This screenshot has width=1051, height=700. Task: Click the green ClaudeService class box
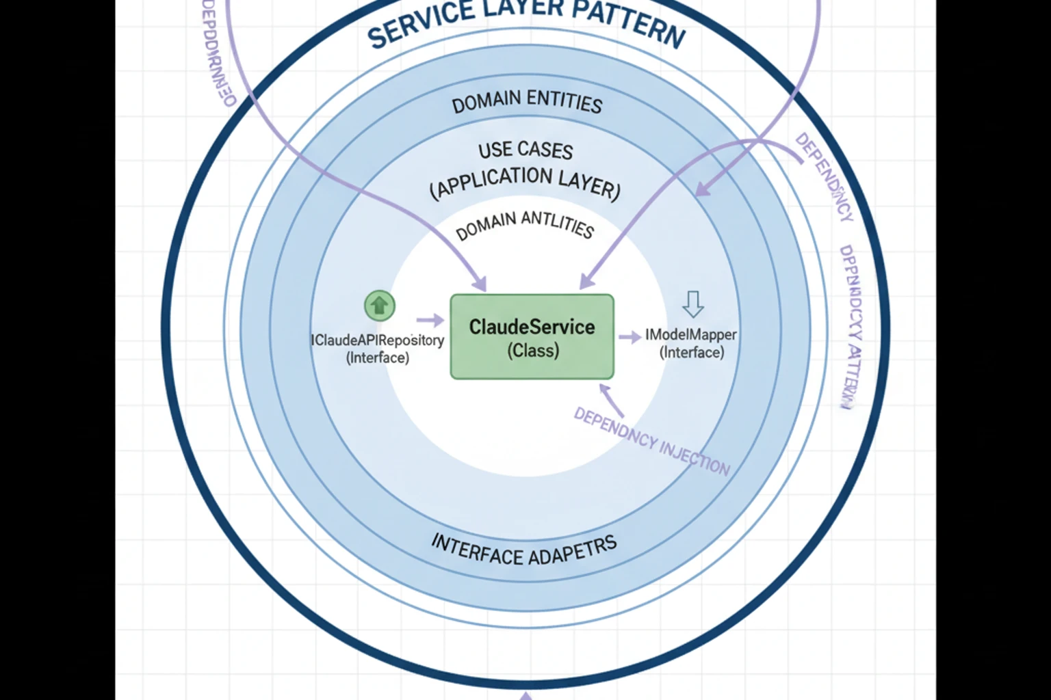532,336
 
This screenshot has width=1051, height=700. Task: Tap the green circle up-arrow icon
380,305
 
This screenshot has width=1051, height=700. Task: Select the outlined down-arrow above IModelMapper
693,304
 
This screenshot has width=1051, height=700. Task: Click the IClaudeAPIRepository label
378,340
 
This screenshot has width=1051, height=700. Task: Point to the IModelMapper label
691,335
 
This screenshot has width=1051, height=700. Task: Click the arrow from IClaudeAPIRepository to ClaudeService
430,320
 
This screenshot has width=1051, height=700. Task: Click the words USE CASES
525,150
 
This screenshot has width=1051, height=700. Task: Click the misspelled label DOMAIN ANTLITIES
524,225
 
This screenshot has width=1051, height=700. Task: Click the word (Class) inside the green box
533,351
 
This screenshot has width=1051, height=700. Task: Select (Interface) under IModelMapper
691,353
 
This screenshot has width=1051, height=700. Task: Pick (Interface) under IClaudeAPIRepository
378,358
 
